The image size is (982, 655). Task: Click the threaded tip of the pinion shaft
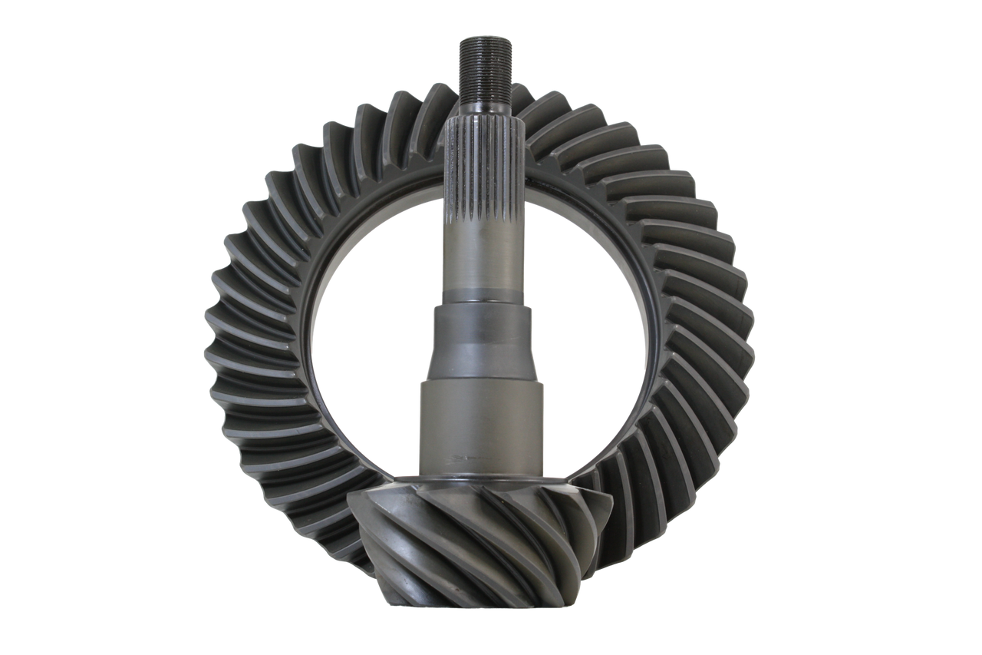point(481,69)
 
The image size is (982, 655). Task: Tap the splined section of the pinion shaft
point(480,177)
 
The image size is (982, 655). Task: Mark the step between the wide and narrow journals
point(482,382)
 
